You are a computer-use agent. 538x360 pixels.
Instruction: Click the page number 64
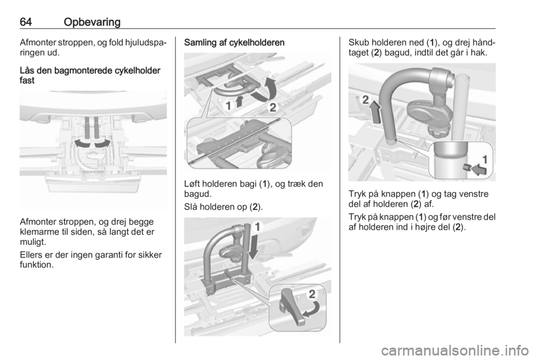[x=26, y=22]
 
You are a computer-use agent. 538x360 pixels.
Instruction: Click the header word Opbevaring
[x=92, y=22]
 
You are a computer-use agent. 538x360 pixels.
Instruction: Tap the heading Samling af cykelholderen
[x=234, y=43]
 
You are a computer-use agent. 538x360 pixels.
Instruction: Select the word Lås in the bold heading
[x=26, y=70]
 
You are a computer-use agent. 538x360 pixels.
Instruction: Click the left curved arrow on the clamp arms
[x=83, y=143]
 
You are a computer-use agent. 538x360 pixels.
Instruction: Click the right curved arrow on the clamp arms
[x=102, y=143]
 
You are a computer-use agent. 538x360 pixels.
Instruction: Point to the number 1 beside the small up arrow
[x=228, y=105]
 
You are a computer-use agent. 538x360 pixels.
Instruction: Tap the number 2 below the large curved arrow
[x=273, y=108]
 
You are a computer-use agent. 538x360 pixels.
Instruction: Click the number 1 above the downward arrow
[x=257, y=227]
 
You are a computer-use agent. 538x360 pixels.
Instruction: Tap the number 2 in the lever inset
[x=312, y=294]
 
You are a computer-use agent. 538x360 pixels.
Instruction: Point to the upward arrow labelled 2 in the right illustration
[x=376, y=111]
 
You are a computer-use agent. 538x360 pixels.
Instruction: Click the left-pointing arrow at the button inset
[x=479, y=169]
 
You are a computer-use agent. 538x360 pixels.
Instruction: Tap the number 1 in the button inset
[x=485, y=159]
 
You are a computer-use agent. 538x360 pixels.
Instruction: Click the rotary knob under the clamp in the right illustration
[x=441, y=130]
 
